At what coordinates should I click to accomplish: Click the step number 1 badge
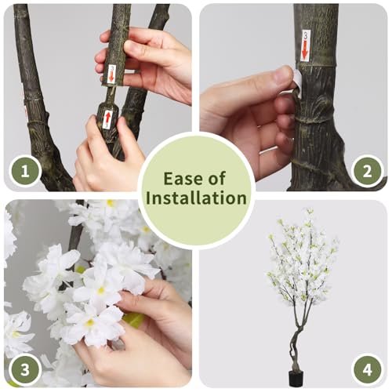coord(25,172)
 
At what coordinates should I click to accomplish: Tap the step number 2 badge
coord(367,172)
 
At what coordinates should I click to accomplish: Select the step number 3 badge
coord(25,370)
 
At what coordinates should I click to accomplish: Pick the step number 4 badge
coord(367,370)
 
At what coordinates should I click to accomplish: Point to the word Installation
coord(196,198)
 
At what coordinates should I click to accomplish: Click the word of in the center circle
coord(217,178)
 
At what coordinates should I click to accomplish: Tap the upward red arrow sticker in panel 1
coord(107,119)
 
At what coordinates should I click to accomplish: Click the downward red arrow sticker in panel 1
coord(111,74)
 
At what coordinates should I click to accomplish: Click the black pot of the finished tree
coord(296,379)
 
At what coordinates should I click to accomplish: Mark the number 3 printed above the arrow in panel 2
coord(306,35)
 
